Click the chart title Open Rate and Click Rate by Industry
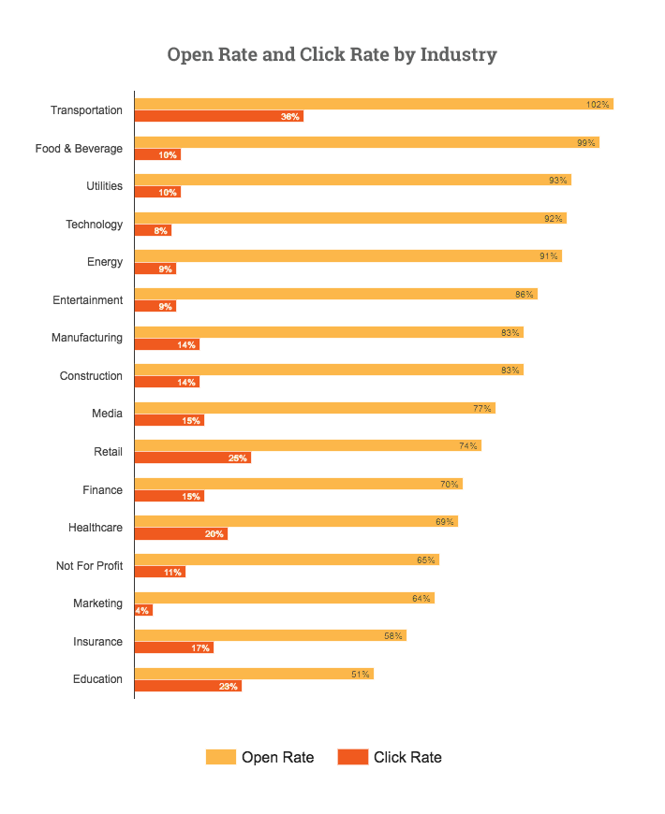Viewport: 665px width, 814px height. (x=332, y=54)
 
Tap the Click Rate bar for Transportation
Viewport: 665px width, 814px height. (x=218, y=117)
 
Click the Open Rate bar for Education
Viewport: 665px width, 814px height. (x=253, y=674)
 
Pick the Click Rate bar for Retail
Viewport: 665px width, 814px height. (x=192, y=458)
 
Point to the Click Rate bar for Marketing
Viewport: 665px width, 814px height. (x=143, y=610)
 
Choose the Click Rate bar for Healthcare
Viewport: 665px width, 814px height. (x=181, y=534)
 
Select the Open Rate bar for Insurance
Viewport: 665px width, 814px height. (x=270, y=635)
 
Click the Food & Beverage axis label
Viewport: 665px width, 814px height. (x=79, y=149)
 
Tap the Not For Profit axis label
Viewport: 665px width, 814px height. (x=89, y=566)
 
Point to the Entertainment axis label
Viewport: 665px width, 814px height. (x=88, y=300)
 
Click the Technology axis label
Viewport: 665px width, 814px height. (x=94, y=225)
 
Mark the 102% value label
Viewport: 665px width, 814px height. (x=598, y=105)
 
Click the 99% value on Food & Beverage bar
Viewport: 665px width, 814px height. (x=586, y=142)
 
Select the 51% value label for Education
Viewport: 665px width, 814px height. (x=361, y=674)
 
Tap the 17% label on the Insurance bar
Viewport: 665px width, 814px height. (x=199, y=648)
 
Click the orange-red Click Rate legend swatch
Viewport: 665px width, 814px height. (x=352, y=757)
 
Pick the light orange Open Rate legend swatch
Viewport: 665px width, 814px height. (x=221, y=757)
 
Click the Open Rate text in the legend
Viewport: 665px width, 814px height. (x=277, y=757)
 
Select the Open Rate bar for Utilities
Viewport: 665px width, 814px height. (x=352, y=180)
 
